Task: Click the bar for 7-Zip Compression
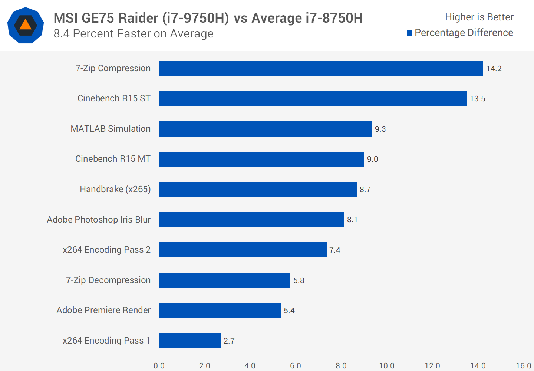pos(321,69)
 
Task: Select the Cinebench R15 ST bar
pos(313,99)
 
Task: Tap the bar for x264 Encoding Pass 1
pos(190,341)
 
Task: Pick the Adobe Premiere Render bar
pos(220,310)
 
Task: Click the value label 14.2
pos(494,69)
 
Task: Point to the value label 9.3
pos(380,129)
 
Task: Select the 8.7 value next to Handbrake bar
pos(365,190)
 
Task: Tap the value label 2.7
pos(229,341)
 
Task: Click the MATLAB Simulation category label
pos(111,129)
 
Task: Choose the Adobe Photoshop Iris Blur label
pos(99,220)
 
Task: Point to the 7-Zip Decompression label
pos(108,280)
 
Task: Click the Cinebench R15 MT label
pos(113,159)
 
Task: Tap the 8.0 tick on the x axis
pos(341,366)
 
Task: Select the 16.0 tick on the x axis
pos(523,366)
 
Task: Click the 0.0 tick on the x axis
pos(159,366)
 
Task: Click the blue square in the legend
pos(409,33)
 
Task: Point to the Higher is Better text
pos(479,17)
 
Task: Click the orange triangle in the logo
pos(25,25)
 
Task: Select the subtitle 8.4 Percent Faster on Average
pos(133,34)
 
